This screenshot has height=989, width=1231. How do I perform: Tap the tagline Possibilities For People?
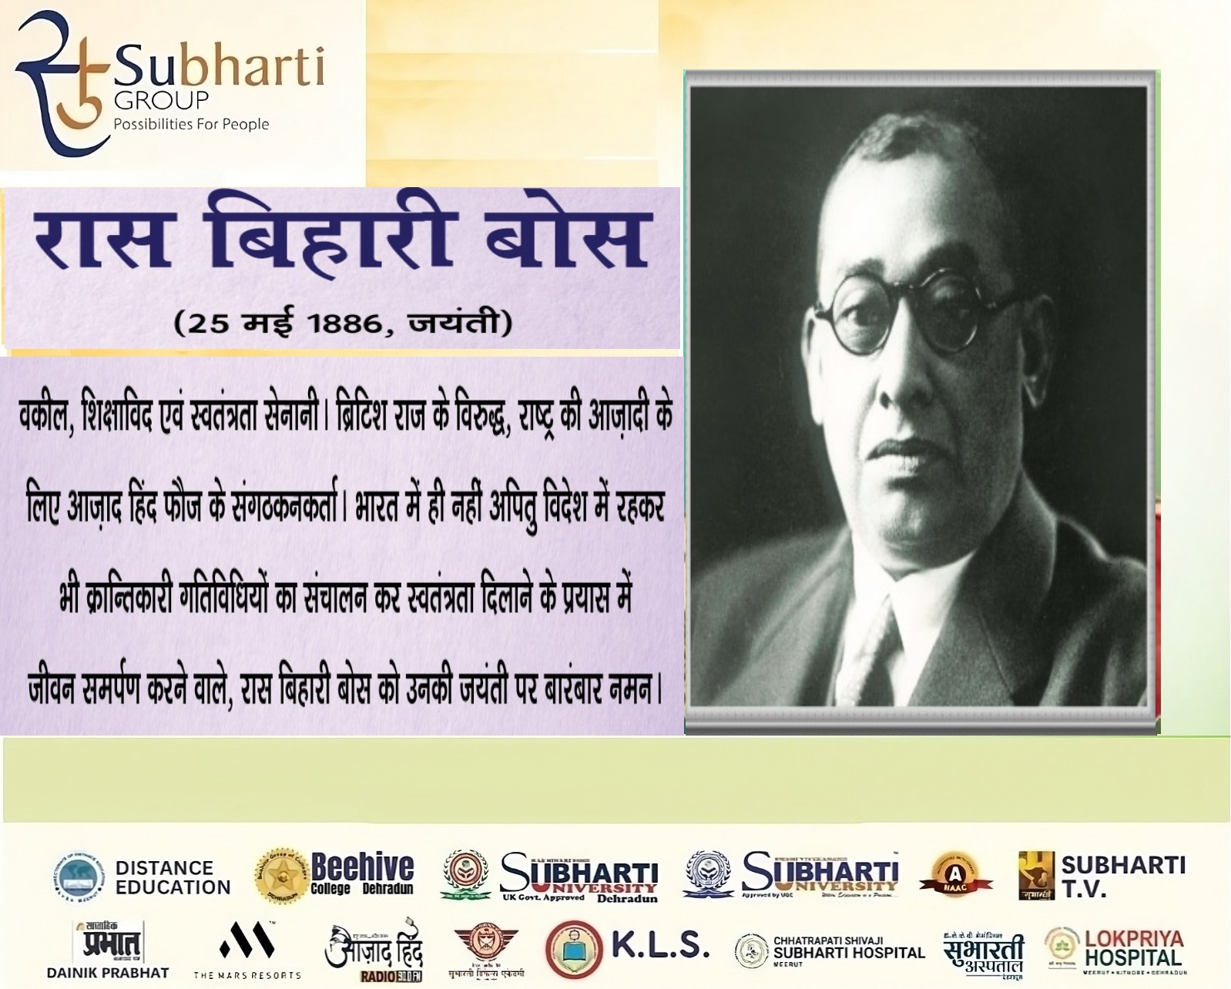pyautogui.click(x=191, y=124)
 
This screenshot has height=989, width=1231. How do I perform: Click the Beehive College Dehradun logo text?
pyautogui.click(x=361, y=875)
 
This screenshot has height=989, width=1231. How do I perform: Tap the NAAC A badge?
pyautogui.click(x=961, y=877)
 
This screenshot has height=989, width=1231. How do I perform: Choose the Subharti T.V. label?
pyautogui.click(x=1122, y=877)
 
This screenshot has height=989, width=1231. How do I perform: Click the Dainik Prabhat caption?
pyautogui.click(x=108, y=972)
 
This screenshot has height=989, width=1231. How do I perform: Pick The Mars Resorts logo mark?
pyautogui.click(x=247, y=941)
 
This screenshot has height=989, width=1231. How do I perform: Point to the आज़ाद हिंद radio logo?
pyautogui.click(x=374, y=952)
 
